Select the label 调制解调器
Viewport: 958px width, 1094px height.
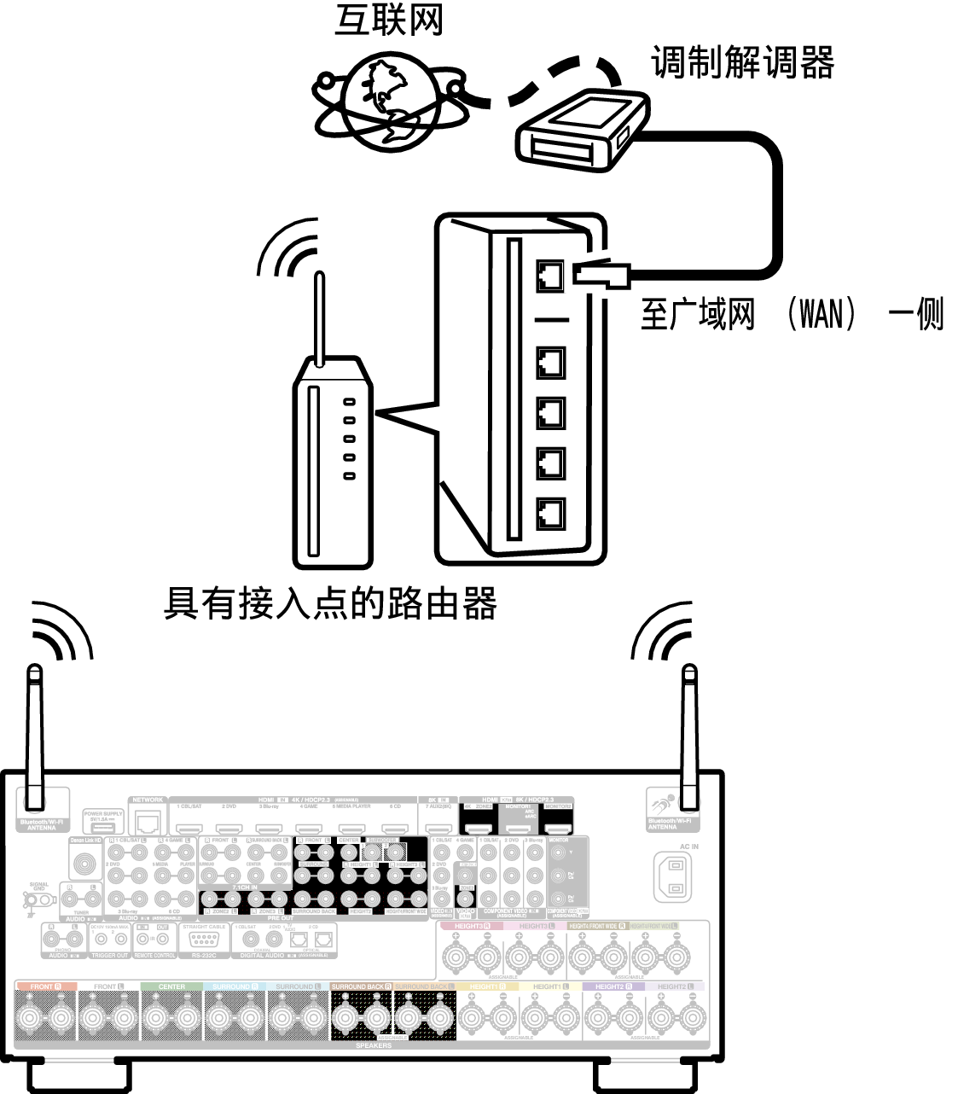pyautogui.click(x=741, y=61)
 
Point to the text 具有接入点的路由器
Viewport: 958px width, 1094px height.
pyautogui.click(x=330, y=603)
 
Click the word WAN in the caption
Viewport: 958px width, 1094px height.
pyautogui.click(x=821, y=313)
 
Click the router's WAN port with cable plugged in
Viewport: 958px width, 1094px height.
pyautogui.click(x=550, y=276)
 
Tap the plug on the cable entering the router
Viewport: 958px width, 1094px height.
pyautogui.click(x=601, y=273)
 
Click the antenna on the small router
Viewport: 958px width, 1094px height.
pyautogui.click(x=319, y=316)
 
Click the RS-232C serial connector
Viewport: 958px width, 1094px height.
pyautogui.click(x=202, y=940)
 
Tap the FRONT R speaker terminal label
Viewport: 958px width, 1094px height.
pyautogui.click(x=46, y=986)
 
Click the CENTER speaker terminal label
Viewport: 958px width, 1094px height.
pyautogui.click(x=171, y=986)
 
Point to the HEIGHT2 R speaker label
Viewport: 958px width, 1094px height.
pyautogui.click(x=613, y=986)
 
